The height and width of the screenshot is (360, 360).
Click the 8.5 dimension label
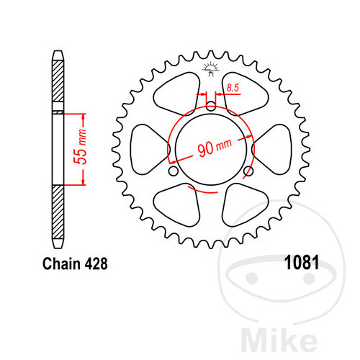(x=233, y=88)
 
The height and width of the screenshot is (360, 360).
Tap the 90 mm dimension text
(x=215, y=148)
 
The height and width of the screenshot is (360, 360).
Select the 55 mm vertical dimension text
(x=80, y=147)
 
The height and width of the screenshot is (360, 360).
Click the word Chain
(x=61, y=264)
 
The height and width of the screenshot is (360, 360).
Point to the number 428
(x=96, y=264)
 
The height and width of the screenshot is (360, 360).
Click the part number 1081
(x=302, y=262)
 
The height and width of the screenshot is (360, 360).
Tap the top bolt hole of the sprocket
(x=211, y=106)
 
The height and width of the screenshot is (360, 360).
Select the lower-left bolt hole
(x=174, y=171)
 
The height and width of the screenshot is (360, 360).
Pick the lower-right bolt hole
(x=248, y=171)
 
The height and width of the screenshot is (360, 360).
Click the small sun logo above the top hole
(x=211, y=69)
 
